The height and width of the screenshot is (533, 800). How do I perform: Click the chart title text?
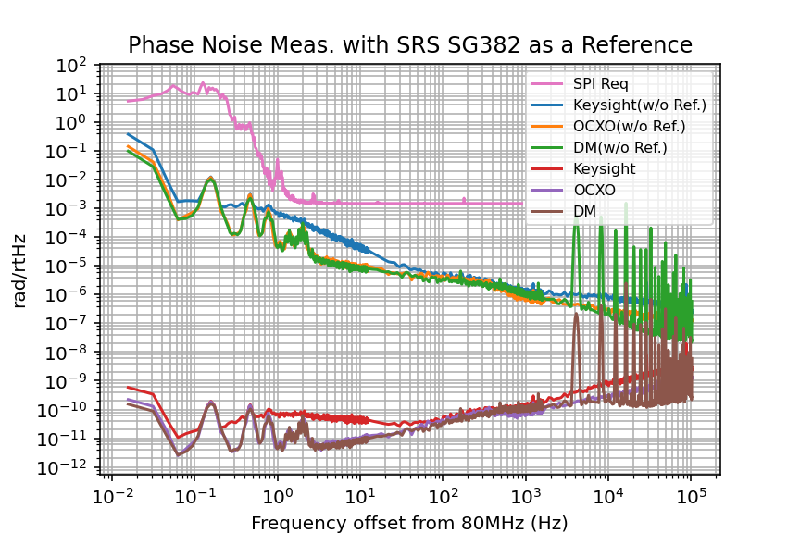[x=409, y=45]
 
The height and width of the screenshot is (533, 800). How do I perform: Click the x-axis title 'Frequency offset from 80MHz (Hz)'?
[x=409, y=523]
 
